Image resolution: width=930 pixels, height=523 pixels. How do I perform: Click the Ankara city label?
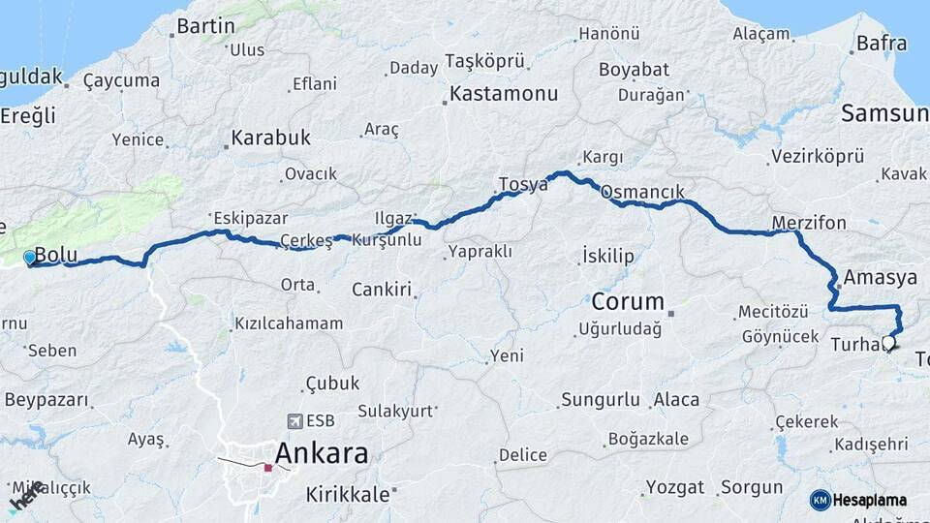click(322, 453)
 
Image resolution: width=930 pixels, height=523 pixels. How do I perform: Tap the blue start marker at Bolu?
click(30, 258)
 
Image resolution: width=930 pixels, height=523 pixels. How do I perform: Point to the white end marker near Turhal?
click(887, 343)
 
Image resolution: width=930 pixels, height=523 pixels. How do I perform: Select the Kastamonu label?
click(504, 95)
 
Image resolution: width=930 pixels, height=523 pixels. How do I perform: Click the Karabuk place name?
click(271, 138)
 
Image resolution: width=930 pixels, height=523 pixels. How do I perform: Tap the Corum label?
click(628, 300)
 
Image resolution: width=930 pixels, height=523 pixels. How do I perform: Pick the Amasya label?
click(880, 278)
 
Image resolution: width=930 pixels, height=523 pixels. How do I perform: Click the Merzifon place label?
click(809, 223)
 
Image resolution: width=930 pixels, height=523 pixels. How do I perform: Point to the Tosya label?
click(523, 184)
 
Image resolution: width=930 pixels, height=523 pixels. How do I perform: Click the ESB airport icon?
click(295, 421)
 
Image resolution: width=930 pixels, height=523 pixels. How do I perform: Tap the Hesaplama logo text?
click(870, 501)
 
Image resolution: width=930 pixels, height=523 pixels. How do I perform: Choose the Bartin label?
click(205, 26)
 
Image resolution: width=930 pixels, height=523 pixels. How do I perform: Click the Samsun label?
click(883, 113)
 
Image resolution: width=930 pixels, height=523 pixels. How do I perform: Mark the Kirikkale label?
click(348, 494)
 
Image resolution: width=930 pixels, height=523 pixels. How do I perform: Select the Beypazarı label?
click(46, 400)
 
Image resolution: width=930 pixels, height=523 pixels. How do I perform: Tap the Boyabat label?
click(634, 70)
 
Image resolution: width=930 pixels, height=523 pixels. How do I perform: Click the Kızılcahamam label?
click(289, 323)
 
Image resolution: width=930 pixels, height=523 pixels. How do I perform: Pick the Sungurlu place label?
click(601, 400)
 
